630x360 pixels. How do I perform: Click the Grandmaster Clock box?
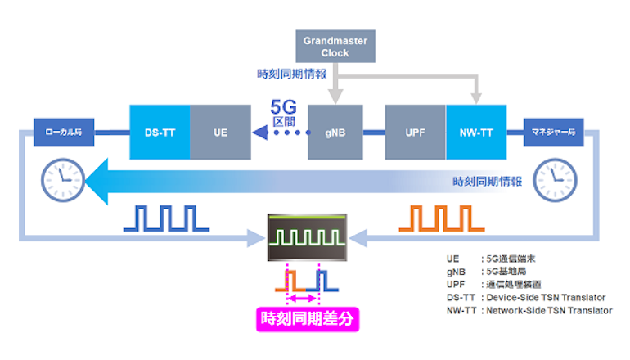click(x=335, y=46)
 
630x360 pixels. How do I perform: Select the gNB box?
click(x=335, y=132)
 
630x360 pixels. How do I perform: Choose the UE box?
click(x=220, y=132)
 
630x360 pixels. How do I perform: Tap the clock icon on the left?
click(x=58, y=178)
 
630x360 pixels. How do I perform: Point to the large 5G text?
click(x=287, y=108)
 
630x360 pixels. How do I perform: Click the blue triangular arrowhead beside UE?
click(x=260, y=132)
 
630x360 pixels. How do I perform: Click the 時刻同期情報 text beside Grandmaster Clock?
click(x=292, y=73)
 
